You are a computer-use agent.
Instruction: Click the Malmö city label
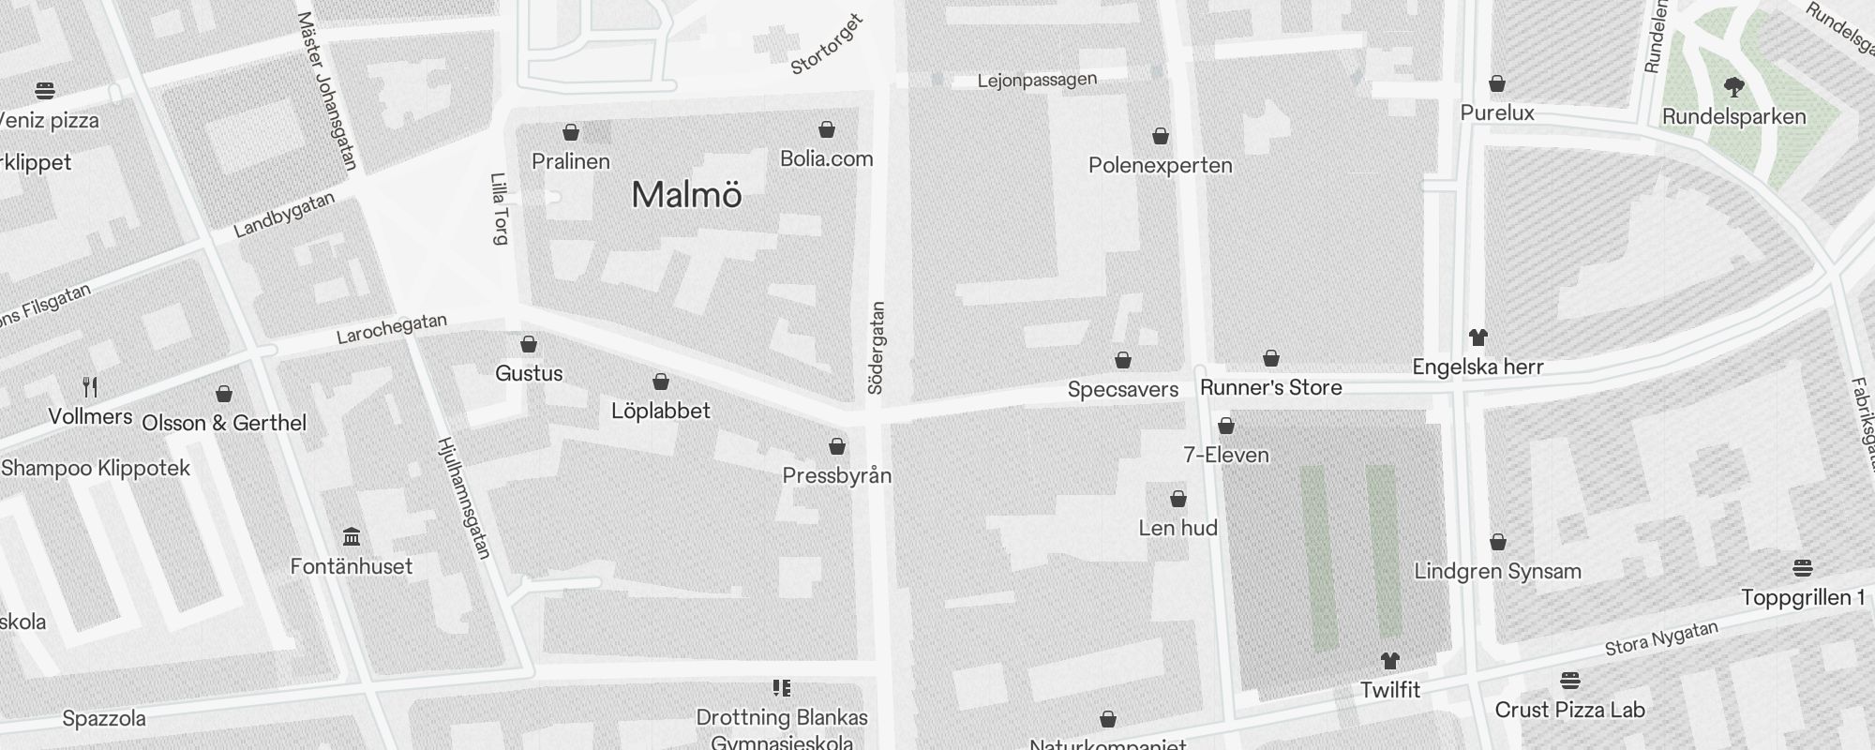[686, 195]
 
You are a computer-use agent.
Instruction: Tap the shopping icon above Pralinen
[571, 132]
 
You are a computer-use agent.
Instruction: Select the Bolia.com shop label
[826, 158]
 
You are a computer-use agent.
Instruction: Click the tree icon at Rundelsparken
[1733, 87]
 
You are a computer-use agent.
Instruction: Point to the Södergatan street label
[877, 348]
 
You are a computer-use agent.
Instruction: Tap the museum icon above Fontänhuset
[352, 537]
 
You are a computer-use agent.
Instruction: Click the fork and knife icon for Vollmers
[90, 386]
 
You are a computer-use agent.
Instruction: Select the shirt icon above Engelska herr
[1477, 337]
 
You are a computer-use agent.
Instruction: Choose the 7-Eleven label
[1225, 455]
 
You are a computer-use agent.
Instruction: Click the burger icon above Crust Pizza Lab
[1570, 680]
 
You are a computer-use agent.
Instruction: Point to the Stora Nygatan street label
[1661, 638]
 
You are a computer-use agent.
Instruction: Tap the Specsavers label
[1122, 389]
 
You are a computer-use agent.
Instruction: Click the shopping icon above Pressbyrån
[837, 446]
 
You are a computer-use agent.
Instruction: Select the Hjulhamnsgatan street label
[464, 498]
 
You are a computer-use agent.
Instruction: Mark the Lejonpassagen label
[1037, 81]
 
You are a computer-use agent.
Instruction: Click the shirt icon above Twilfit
[1389, 661]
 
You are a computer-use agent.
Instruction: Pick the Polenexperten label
[1160, 166]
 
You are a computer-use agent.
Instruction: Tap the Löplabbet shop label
[660, 411]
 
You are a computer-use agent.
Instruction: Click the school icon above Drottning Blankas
[782, 688]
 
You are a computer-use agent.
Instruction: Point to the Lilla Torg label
[500, 208]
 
